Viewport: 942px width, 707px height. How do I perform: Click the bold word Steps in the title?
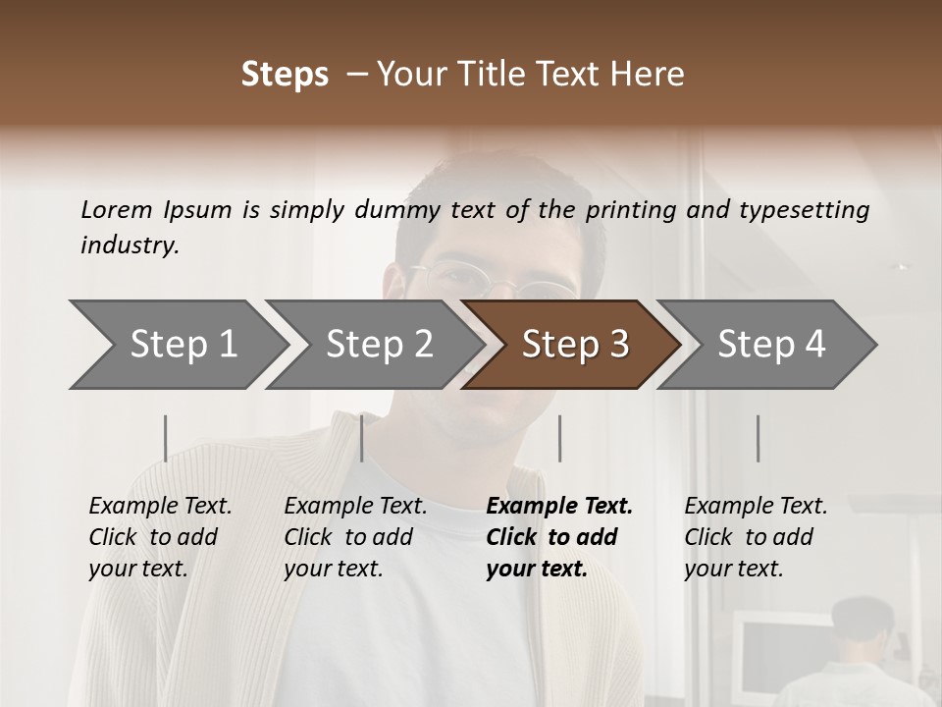click(285, 75)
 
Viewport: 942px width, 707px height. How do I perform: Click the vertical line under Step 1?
click(166, 438)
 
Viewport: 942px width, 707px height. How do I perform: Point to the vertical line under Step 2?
click(362, 438)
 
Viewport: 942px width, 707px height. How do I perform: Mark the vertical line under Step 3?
click(560, 438)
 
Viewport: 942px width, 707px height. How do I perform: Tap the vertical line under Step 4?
click(759, 438)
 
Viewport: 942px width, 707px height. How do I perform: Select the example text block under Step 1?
click(160, 537)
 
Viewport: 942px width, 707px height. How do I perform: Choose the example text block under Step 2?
click(355, 537)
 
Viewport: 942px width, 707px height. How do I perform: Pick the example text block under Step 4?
click(756, 537)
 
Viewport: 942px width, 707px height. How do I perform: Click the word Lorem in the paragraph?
click(117, 209)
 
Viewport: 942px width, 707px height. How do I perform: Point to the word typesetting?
click(804, 210)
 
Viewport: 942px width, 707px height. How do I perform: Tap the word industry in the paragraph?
click(130, 245)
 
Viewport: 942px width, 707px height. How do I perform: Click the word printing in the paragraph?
click(630, 210)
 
